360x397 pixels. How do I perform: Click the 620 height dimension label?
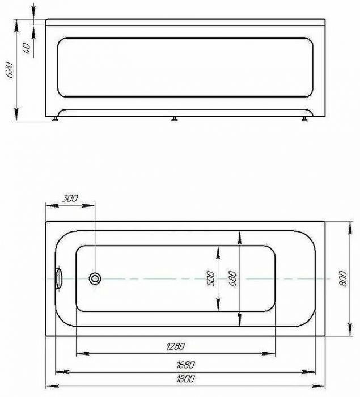pos(10,70)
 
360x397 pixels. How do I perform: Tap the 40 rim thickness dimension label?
pos(27,48)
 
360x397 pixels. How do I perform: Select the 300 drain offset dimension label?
pos(70,198)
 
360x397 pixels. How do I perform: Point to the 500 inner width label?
pos(211,278)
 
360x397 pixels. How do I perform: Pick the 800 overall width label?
pos(343,278)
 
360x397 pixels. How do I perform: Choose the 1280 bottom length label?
pos(176,346)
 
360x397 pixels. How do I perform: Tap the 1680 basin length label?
pos(185,365)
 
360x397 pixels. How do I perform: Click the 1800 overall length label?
pos(185,379)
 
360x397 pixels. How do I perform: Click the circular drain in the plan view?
pos(95,278)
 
